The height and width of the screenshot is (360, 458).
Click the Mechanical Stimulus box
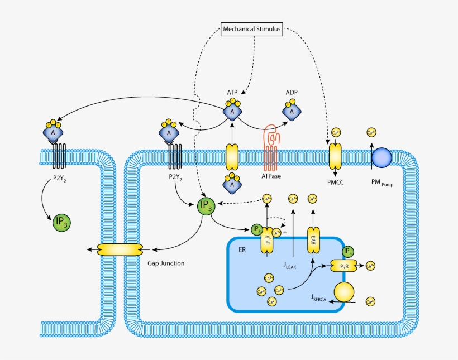(251, 29)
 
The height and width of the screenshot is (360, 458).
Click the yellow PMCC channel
(336, 156)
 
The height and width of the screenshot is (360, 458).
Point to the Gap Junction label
(166, 262)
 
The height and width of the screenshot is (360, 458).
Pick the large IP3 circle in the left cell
(61, 222)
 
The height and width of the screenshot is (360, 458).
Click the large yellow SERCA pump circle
(345, 292)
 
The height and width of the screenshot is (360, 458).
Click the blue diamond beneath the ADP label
(290, 112)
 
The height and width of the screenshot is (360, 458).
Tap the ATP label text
(232, 93)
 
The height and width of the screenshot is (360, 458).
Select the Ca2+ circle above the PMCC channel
(336, 133)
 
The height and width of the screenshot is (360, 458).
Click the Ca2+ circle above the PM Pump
(370, 133)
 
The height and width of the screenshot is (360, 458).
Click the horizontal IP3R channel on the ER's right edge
(344, 266)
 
